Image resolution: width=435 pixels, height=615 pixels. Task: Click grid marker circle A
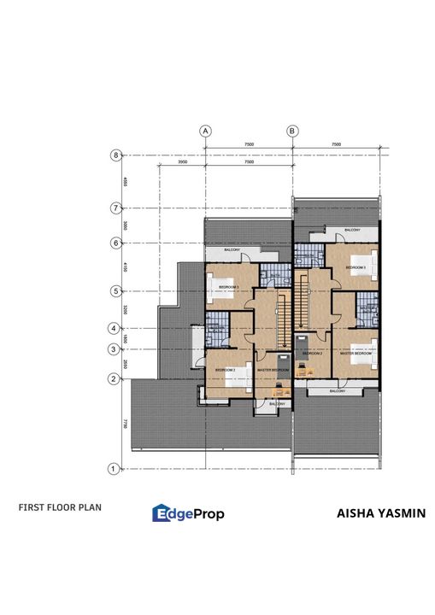[205, 131]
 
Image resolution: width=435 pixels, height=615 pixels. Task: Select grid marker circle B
[292, 131]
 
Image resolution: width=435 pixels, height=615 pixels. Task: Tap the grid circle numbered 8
[114, 155]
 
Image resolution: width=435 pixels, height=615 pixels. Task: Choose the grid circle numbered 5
[114, 291]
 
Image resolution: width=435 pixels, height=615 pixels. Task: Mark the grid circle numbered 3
[114, 348]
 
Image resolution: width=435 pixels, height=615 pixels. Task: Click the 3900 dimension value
[181, 162]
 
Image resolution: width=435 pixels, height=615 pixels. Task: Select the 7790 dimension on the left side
[125, 423]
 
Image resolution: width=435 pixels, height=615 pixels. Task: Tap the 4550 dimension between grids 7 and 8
[125, 182]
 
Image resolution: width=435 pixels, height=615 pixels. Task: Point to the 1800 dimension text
[125, 338]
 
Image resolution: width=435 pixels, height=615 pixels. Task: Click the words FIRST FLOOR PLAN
[60, 507]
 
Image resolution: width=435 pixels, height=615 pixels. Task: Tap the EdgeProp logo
[188, 513]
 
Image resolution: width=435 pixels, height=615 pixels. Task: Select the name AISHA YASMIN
[381, 513]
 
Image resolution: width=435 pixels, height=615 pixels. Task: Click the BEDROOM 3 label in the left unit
[228, 287]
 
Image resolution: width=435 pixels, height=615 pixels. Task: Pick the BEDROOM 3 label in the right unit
[356, 267]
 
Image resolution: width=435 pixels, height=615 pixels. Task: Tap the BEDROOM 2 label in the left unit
[226, 369]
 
